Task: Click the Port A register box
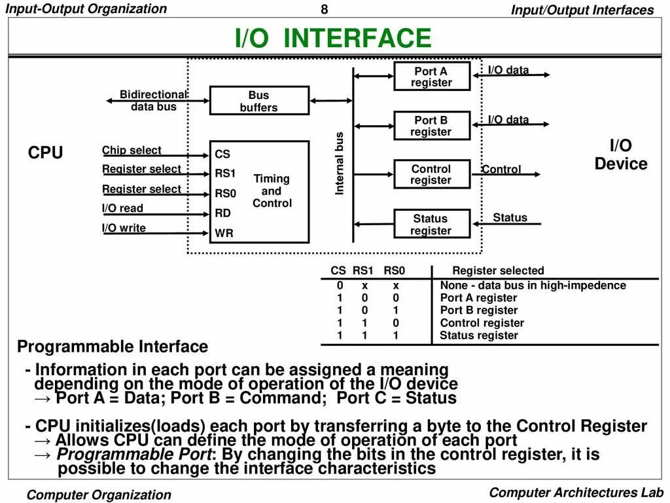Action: [x=432, y=77]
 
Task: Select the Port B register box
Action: [x=432, y=126]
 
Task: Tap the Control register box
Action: [x=432, y=174]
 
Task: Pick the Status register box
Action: [x=432, y=224]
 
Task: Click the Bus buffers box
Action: [x=258, y=102]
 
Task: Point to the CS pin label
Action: [x=222, y=155]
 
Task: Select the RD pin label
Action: [x=223, y=213]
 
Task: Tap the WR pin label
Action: [x=224, y=233]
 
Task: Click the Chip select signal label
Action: [x=132, y=150]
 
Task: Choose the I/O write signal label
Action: [x=124, y=228]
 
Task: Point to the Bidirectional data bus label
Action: [x=153, y=100]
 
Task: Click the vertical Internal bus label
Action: [x=340, y=164]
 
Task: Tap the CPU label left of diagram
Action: [x=46, y=153]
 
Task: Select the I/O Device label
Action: [x=620, y=155]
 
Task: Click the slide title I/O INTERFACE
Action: [x=334, y=38]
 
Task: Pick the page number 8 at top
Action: [x=324, y=9]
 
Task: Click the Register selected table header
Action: [x=498, y=270]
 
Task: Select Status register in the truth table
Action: [x=479, y=335]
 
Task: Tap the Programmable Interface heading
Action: [x=113, y=346]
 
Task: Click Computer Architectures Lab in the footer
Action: [x=576, y=493]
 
